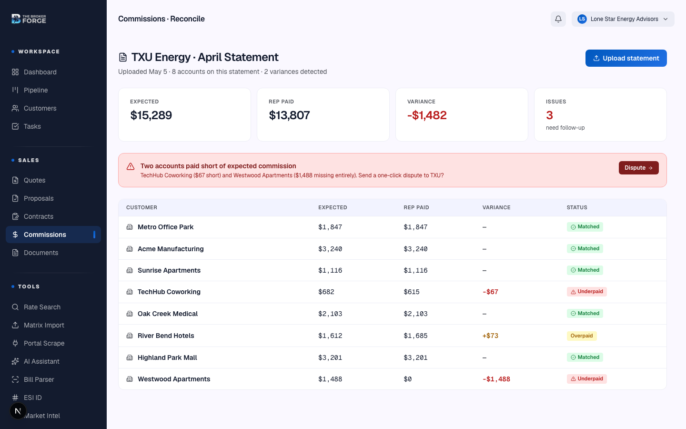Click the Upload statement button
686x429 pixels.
point(626,58)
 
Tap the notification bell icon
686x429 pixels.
point(558,19)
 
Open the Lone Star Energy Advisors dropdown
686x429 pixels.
point(623,19)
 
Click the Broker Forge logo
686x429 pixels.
point(29,19)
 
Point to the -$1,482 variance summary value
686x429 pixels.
point(427,115)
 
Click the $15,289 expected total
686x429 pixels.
point(151,115)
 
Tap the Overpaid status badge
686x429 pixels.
point(582,336)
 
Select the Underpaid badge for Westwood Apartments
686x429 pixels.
point(587,379)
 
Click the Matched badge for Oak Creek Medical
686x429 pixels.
point(585,313)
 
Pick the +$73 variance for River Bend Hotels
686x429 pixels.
point(490,336)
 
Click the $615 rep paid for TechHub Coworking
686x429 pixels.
point(412,292)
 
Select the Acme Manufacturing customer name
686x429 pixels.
point(171,249)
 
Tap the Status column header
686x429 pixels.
point(577,207)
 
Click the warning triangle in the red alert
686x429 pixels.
point(131,166)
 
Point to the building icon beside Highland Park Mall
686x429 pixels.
point(130,357)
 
